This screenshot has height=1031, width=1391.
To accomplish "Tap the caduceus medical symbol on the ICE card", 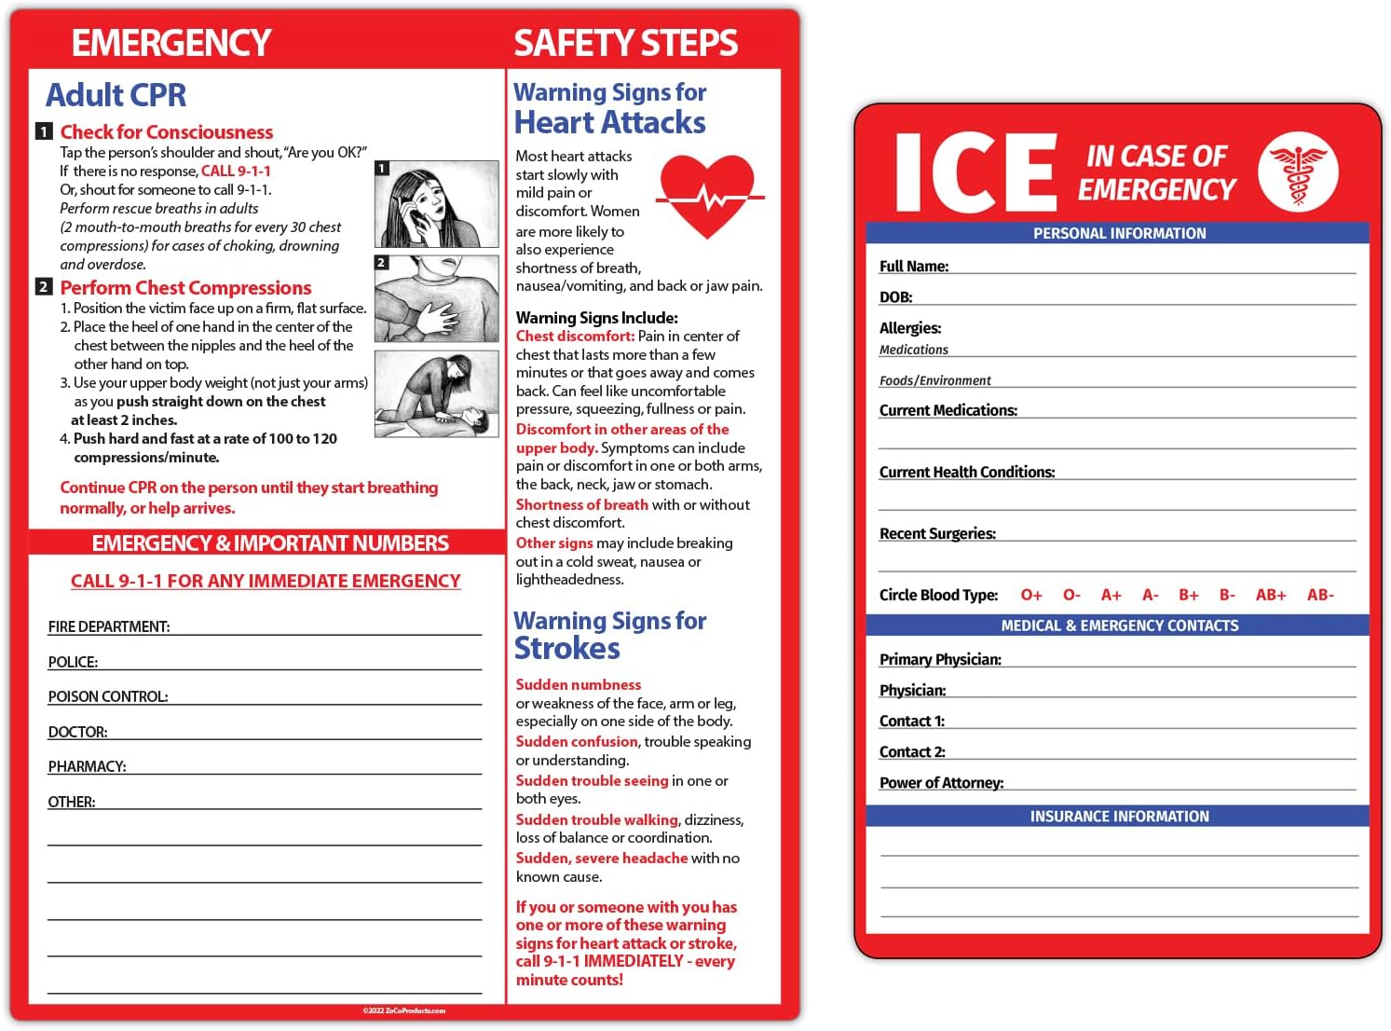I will (x=1298, y=172).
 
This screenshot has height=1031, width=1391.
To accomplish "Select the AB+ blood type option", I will (x=1270, y=595).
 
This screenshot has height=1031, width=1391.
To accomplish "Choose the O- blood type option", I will (x=1071, y=595).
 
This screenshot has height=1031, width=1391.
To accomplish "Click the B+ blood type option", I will (x=1188, y=595).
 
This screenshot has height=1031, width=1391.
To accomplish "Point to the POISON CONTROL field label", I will (x=108, y=696).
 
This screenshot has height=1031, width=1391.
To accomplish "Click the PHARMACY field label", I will (x=87, y=766).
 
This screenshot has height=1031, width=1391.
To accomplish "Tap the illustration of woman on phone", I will (x=436, y=204).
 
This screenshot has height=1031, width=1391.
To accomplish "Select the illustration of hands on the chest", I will (x=436, y=299).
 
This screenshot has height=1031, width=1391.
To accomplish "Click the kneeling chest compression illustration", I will (x=436, y=393).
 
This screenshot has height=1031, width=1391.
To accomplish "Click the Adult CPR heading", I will (x=116, y=95).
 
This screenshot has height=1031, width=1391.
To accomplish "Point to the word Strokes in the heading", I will (x=566, y=648).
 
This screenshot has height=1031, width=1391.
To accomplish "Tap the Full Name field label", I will (x=913, y=267).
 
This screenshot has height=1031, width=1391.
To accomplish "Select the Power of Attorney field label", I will (x=941, y=783).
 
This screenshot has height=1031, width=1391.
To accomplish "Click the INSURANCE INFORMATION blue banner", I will (x=1118, y=817).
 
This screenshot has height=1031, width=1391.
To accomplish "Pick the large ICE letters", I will (x=975, y=173).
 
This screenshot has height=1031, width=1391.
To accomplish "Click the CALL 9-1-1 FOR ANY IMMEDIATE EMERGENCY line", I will (x=266, y=581).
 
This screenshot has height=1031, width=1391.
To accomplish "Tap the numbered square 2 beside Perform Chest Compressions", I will (x=44, y=287).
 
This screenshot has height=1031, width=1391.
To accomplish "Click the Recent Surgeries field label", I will (x=937, y=534).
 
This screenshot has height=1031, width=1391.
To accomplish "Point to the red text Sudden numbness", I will (x=579, y=684).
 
